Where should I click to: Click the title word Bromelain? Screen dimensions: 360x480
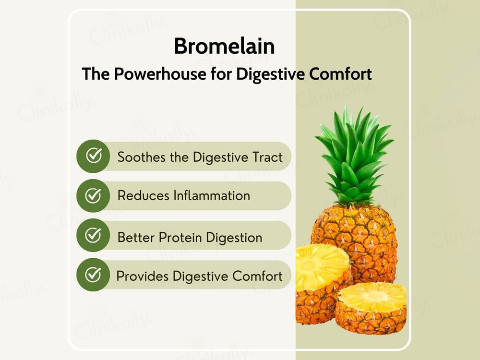pyautogui.click(x=224, y=47)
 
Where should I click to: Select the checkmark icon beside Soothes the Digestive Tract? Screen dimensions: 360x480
pyautogui.click(x=93, y=156)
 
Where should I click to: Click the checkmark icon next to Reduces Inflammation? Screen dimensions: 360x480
pyautogui.click(x=93, y=195)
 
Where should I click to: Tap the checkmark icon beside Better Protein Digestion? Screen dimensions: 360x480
pyautogui.click(x=93, y=235)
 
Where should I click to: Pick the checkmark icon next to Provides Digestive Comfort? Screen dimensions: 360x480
pyautogui.click(x=93, y=275)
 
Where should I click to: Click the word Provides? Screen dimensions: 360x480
pyautogui.click(x=143, y=276)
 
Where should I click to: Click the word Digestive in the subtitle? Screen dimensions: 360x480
pyautogui.click(x=271, y=74)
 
